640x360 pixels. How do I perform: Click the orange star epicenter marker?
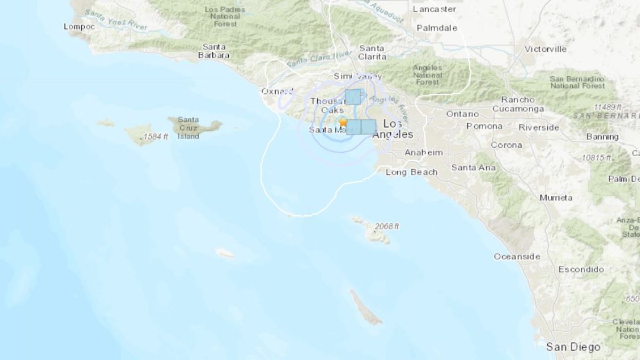pyautogui.click(x=342, y=122)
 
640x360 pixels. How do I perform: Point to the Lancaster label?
pyautogui.click(x=435, y=9)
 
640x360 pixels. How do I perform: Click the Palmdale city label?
pyautogui.click(x=437, y=28)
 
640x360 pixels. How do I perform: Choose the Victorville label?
pyautogui.click(x=545, y=49)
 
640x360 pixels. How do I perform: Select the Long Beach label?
pyautogui.click(x=411, y=172)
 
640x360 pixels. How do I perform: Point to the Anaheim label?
pyautogui.click(x=423, y=153)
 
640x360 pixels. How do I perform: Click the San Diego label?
pyautogui.click(x=573, y=347)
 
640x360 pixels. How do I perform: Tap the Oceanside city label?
pyautogui.click(x=516, y=257)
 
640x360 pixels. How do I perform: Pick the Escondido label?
pyautogui.click(x=581, y=269)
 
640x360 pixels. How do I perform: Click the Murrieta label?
pyautogui.click(x=556, y=197)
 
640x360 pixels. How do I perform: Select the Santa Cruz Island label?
pyautogui.click(x=188, y=128)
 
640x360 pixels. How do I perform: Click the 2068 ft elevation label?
pyautogui.click(x=387, y=226)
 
